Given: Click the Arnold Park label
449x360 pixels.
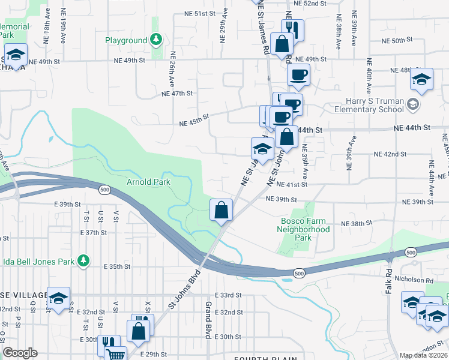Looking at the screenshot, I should tap(148, 182).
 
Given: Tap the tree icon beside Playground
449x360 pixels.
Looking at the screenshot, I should tap(156, 40).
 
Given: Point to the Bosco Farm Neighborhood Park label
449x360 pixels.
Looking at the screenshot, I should tap(306, 229).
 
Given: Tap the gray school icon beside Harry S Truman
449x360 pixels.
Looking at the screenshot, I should tap(412, 105).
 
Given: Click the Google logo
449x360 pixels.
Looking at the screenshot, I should tap(20, 352).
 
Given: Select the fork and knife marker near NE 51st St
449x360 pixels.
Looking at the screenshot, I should tap(292, 28).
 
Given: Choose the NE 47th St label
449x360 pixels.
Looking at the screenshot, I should tap(177, 94).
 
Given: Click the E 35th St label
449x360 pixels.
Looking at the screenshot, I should tap(117, 266).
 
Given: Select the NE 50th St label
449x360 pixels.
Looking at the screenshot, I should tap(398, 40).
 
